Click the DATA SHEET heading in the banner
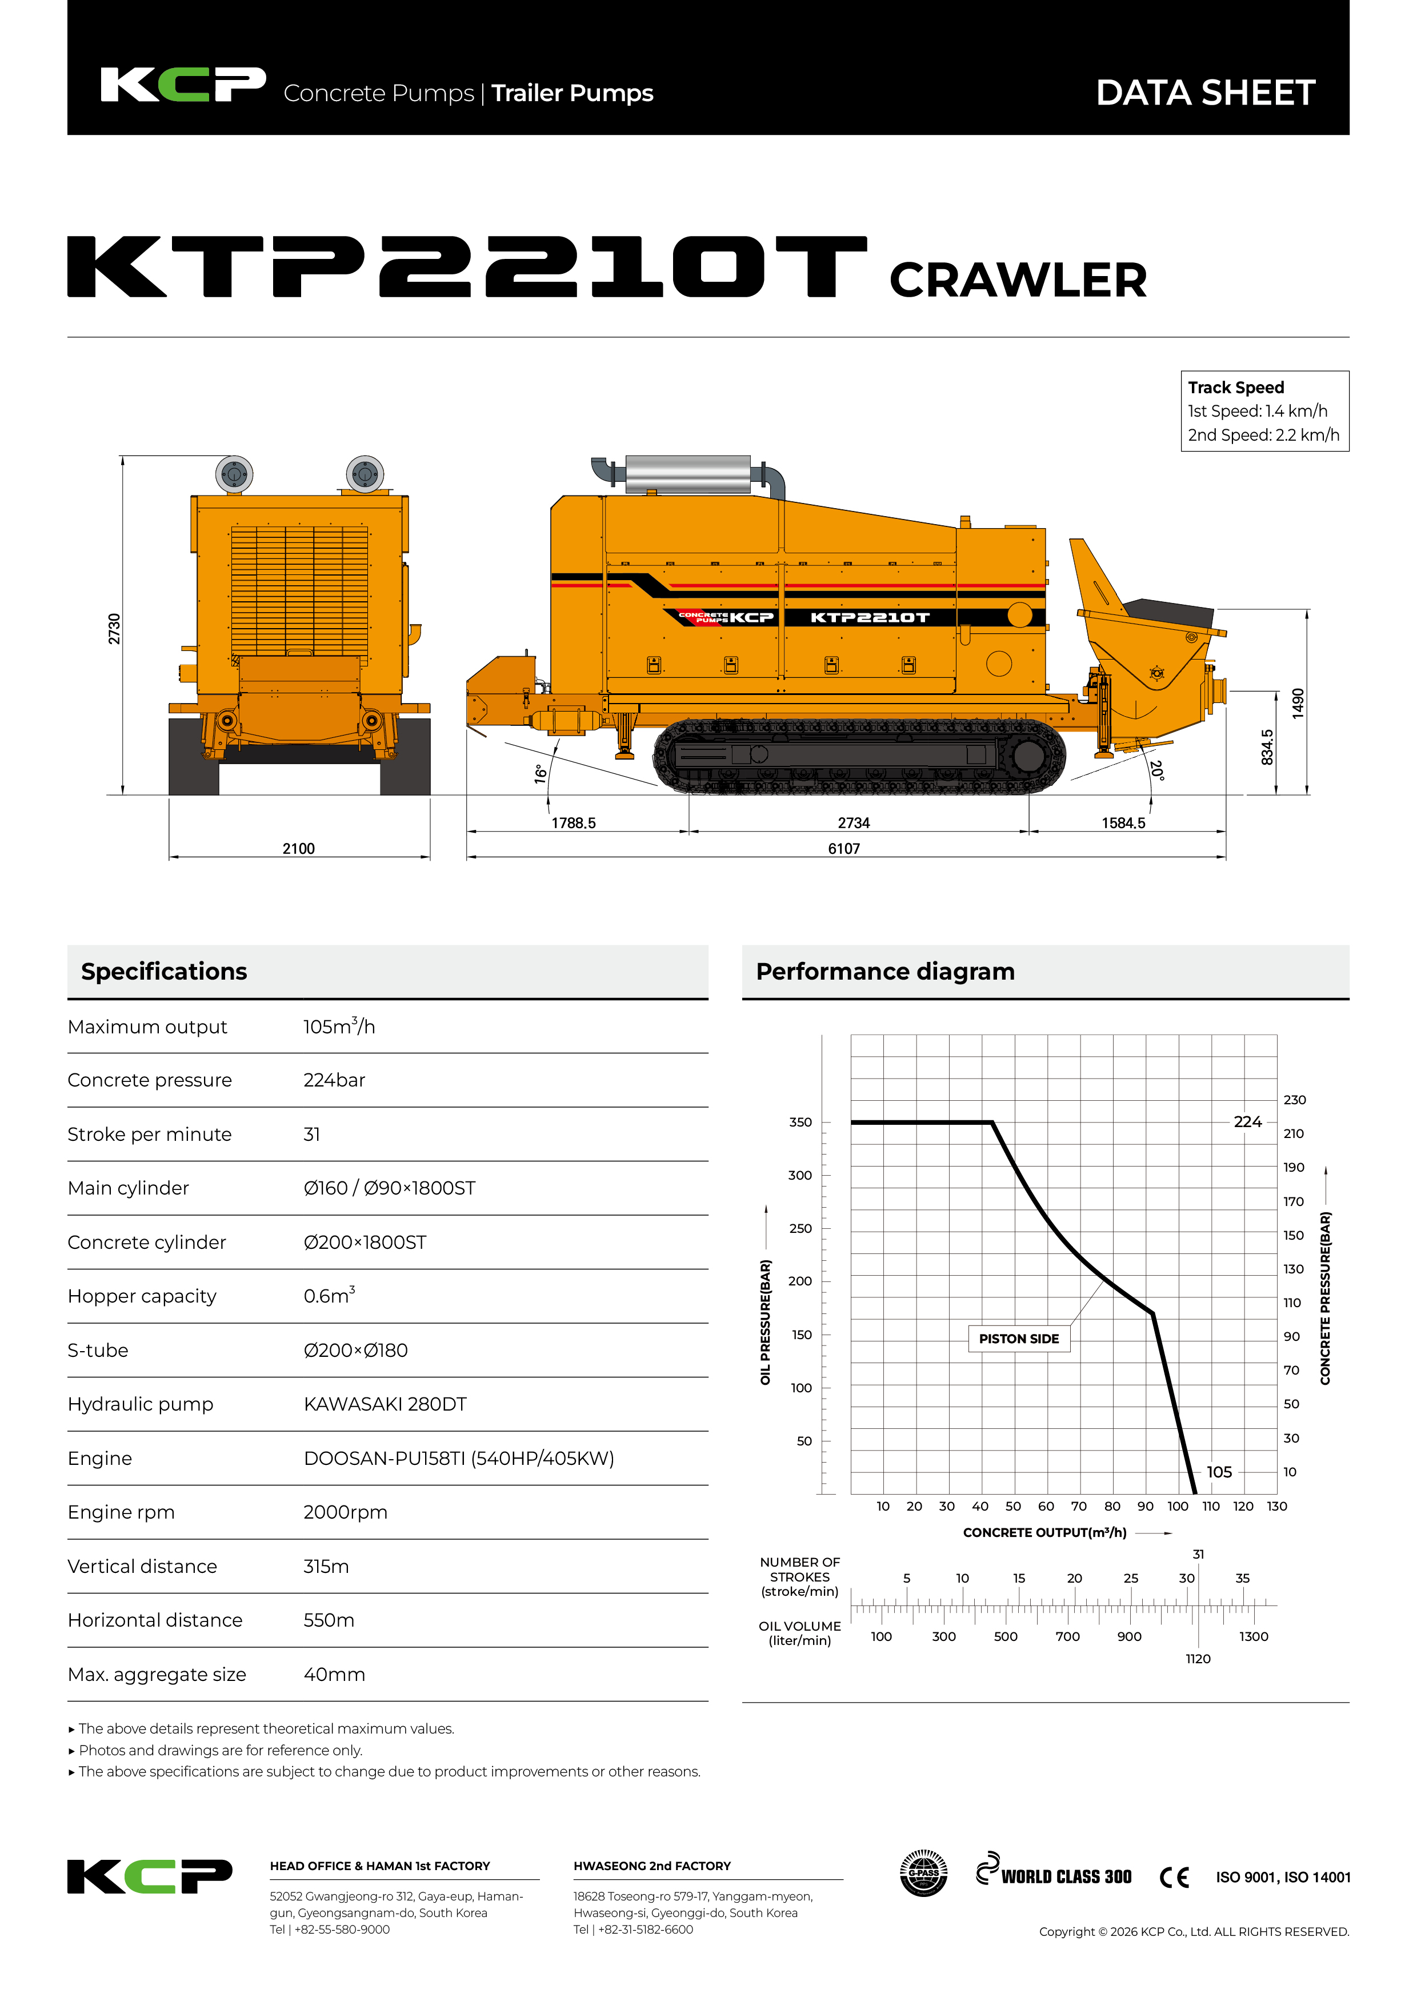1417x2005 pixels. coord(1205,93)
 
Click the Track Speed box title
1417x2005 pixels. coord(1235,387)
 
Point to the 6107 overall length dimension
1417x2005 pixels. coord(843,848)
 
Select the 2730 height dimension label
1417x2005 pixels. coord(114,629)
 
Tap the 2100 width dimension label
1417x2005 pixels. coord(299,848)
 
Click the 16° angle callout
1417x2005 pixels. coord(541,774)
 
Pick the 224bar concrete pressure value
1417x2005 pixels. coord(334,1080)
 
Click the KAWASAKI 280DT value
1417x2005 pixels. coord(385,1404)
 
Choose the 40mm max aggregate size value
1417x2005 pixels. coord(334,1674)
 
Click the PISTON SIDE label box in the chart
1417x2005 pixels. coord(1018,1339)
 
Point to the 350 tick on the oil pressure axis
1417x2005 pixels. coord(800,1122)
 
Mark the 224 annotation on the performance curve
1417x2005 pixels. coord(1248,1122)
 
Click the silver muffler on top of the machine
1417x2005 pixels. coord(688,474)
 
